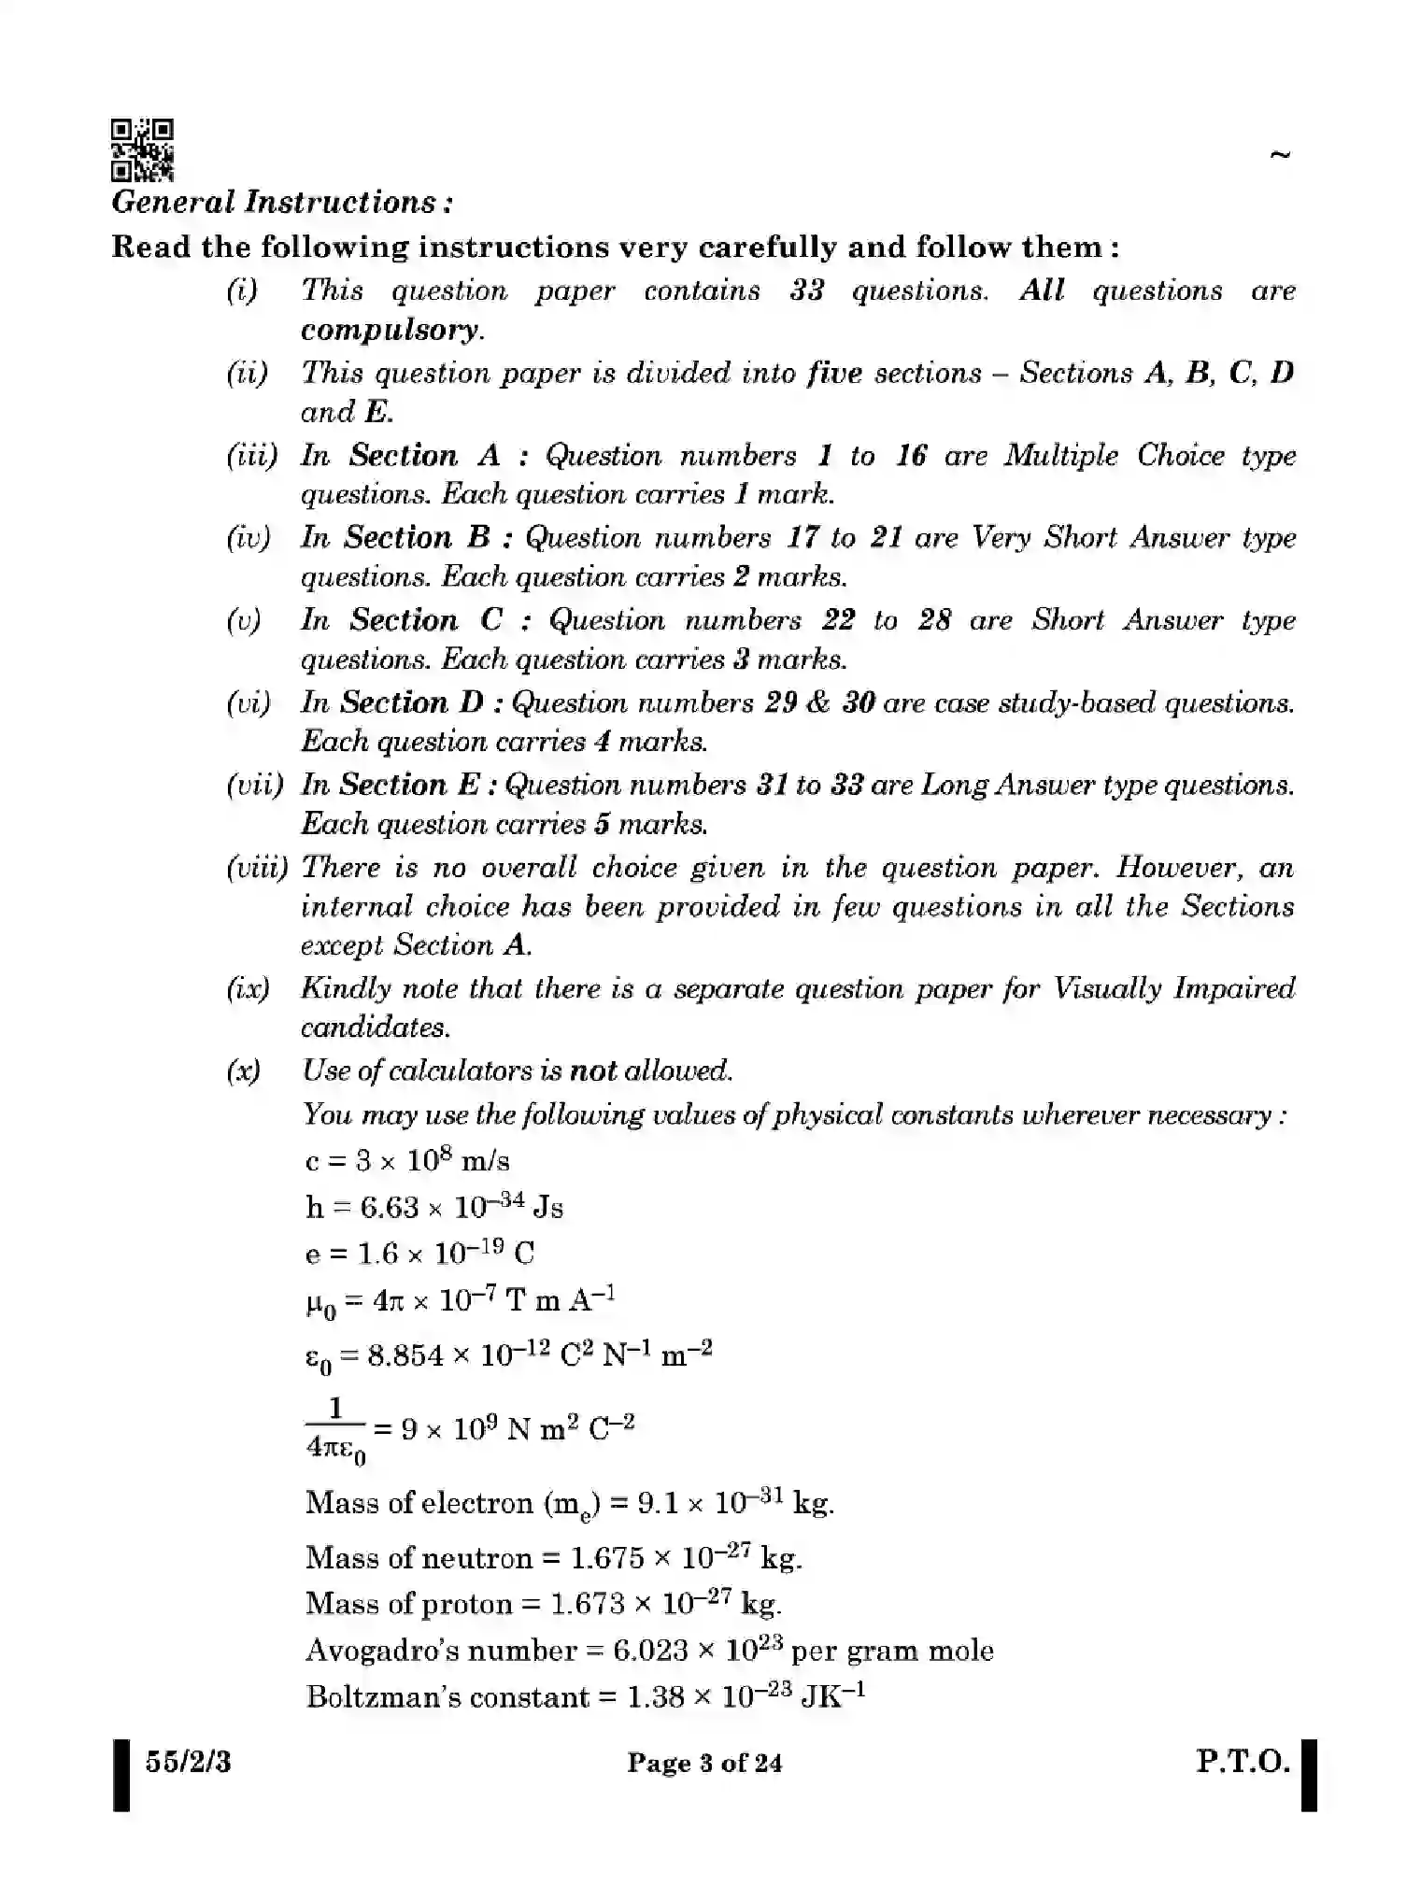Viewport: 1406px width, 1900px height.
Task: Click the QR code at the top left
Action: tap(142, 149)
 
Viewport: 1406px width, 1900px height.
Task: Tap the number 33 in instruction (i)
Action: tap(806, 291)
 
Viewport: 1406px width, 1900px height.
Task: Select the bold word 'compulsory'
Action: tap(391, 330)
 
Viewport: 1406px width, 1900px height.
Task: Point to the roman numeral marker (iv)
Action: tap(248, 538)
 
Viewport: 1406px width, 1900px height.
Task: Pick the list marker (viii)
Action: tap(256, 868)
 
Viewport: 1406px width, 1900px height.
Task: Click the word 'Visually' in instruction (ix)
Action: tap(1107, 988)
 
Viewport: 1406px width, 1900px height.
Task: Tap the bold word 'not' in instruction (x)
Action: tap(593, 1071)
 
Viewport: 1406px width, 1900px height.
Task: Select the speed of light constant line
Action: tap(407, 1161)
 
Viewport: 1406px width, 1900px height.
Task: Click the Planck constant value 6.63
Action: tap(390, 1208)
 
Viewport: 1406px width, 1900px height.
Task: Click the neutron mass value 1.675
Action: tap(607, 1558)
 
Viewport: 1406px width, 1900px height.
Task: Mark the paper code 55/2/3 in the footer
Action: tap(188, 1763)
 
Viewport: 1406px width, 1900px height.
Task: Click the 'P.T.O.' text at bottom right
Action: tap(1243, 1763)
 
